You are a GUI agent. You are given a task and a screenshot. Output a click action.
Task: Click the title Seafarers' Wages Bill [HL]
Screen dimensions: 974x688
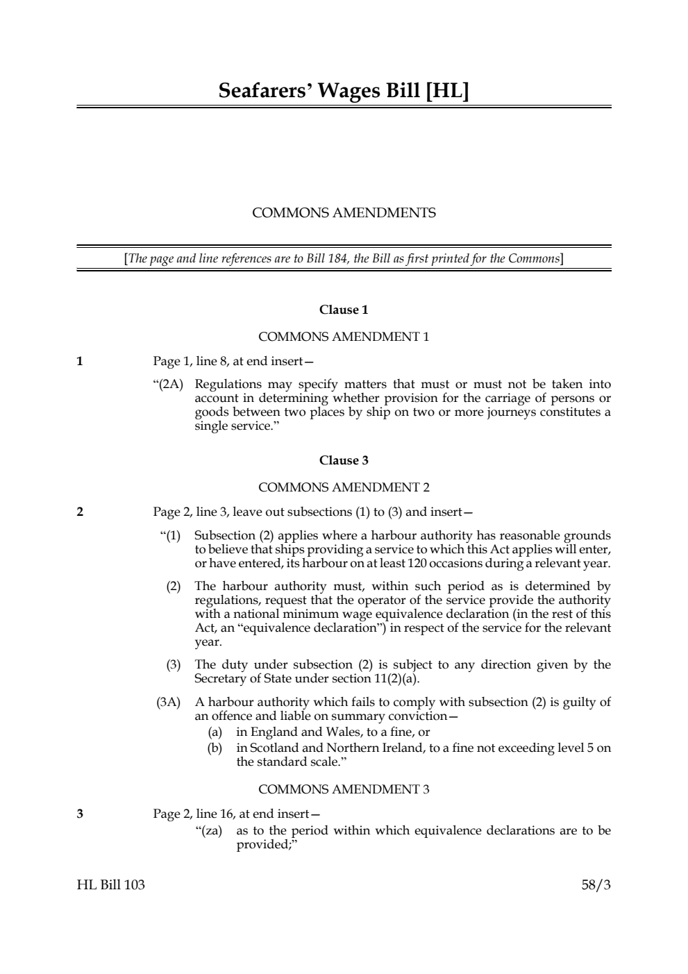[x=344, y=91]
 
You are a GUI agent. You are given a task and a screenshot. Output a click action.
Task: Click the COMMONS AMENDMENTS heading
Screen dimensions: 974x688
[x=344, y=213]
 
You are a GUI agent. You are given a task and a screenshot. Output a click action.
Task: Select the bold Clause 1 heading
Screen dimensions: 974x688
[x=344, y=310]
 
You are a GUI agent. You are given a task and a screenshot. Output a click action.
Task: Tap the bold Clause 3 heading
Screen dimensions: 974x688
[x=344, y=460]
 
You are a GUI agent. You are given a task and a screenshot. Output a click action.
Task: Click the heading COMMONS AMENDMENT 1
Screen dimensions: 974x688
[x=344, y=337]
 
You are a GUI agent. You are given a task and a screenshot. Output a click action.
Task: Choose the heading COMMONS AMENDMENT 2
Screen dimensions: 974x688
[x=344, y=487]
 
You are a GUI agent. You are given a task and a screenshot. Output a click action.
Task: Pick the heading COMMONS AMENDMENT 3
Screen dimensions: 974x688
[x=344, y=789]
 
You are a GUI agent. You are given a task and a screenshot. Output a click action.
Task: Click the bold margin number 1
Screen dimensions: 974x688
[x=80, y=361]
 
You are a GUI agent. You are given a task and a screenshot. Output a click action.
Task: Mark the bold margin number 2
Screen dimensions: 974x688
[x=80, y=512]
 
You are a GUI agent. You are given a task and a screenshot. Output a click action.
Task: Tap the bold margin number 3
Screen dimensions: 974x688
[x=80, y=814]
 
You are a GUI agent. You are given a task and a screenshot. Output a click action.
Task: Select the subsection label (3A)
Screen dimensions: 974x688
[x=168, y=703]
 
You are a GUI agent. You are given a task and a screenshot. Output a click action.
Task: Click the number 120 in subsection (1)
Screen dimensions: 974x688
[x=417, y=563]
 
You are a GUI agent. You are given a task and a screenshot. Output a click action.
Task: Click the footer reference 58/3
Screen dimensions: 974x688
[x=596, y=885]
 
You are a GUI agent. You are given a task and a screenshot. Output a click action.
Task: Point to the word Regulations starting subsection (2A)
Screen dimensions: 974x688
[x=228, y=385]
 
